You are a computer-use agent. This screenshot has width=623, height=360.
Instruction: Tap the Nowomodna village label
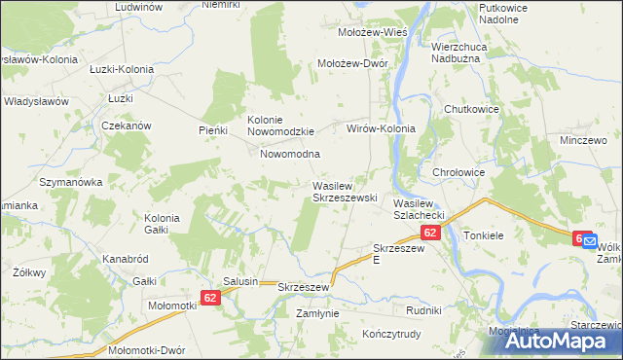[290, 154]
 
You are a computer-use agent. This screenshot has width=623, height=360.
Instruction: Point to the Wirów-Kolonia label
[382, 128]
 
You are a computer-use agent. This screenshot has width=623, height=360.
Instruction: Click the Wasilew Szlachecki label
[419, 208]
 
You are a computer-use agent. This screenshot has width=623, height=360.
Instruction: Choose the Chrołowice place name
[458, 173]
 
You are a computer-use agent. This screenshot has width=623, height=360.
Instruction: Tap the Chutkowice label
[471, 109]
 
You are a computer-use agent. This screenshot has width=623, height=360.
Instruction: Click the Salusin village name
[240, 281]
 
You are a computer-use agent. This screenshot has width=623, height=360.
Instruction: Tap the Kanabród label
[125, 260]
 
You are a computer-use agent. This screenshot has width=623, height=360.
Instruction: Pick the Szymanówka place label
[70, 182]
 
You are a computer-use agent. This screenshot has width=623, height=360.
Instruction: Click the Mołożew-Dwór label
[353, 63]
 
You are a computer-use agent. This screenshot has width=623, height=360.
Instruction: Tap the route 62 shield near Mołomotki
[213, 297]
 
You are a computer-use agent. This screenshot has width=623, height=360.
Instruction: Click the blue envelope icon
[590, 244]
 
